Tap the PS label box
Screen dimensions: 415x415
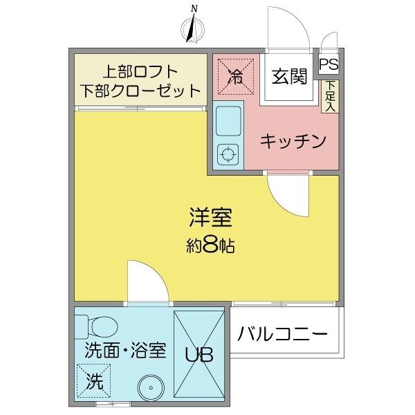pos(329,64)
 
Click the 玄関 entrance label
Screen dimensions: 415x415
pos(288,77)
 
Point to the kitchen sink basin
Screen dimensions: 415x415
pos(228,120)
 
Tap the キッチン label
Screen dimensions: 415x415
pos(293,141)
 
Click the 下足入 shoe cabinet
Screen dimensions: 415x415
pos(330,96)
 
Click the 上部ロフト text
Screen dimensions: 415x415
pos(140,71)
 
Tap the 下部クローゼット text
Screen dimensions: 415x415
pos(140,90)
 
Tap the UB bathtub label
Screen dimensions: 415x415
pos(199,354)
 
